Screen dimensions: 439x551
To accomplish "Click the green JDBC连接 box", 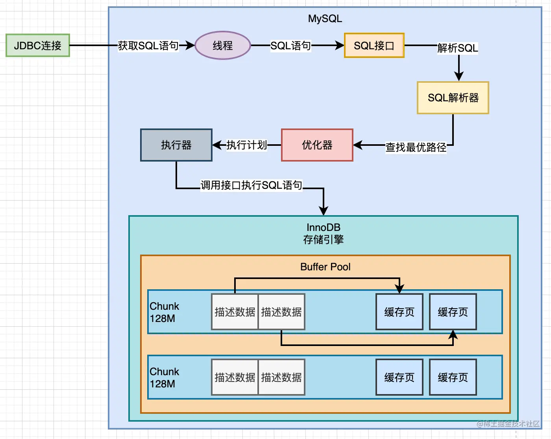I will point(38,45).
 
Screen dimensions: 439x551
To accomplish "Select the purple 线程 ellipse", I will point(223,45).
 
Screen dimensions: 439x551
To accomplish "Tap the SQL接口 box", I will point(374,45).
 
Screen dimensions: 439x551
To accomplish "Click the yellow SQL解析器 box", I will point(453,98).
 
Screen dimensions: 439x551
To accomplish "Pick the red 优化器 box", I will point(317,145).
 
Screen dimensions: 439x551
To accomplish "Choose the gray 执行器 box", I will point(176,145).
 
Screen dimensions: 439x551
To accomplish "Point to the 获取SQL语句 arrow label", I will point(148,46).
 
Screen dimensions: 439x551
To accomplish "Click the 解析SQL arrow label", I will point(458,48).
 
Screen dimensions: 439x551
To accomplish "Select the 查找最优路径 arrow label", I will point(416,147).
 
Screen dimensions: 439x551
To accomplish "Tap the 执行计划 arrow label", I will point(247,145).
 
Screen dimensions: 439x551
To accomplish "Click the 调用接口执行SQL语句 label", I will point(251,185).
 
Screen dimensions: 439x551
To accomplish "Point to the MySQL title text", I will point(325,19).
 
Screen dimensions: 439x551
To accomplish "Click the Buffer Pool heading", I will point(325,267).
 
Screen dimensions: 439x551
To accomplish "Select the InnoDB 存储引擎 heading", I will point(324,233).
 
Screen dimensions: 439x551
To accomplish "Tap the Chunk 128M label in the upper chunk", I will point(164,312).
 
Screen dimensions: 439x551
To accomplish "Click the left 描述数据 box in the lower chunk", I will point(235,377).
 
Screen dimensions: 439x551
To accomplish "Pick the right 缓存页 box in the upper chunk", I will point(453,312).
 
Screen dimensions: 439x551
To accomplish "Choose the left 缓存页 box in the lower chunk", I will point(399,377).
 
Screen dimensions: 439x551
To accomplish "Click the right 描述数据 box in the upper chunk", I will point(281,312).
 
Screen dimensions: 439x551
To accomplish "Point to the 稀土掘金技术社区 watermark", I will point(508,424).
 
